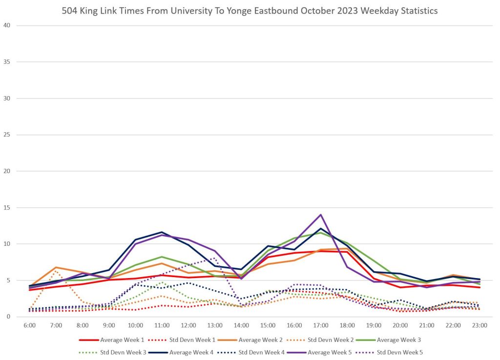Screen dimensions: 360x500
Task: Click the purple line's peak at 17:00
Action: click(x=321, y=215)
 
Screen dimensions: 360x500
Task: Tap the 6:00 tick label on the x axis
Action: click(x=30, y=324)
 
